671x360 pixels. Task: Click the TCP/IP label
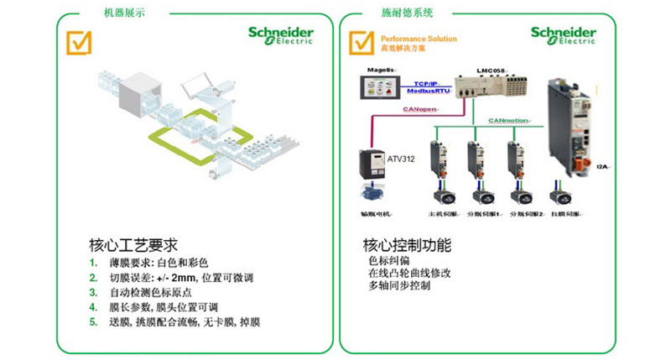pos(428,82)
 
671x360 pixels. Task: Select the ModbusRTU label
pos(429,90)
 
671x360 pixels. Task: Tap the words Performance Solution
pos(419,39)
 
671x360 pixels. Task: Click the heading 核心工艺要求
pos(133,246)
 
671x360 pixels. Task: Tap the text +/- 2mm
pos(177,278)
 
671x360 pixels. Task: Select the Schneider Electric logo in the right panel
pos(563,35)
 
